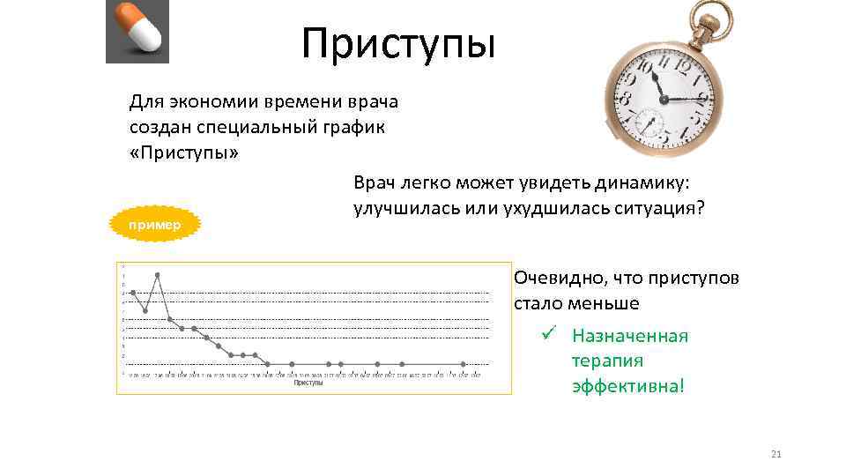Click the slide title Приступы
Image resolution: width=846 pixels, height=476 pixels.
point(398,44)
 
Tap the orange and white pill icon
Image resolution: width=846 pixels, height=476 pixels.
point(137,32)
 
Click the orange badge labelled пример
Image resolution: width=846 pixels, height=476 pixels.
point(155,225)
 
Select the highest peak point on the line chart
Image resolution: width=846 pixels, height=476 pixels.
point(158,275)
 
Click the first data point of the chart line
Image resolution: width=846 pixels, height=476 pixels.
point(133,293)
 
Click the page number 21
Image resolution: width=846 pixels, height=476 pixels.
point(776,455)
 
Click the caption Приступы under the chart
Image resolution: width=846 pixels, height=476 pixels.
point(308,383)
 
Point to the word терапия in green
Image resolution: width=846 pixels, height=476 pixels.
point(607,361)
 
